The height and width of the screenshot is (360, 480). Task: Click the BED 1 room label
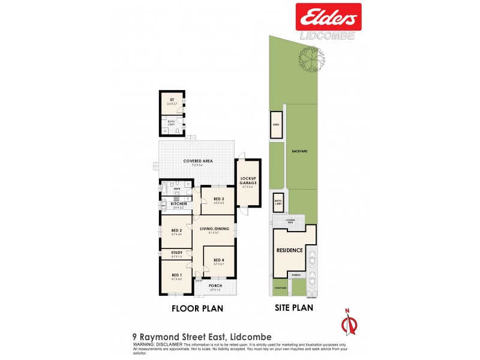point(176,275)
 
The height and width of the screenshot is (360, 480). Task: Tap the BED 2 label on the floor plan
point(176,230)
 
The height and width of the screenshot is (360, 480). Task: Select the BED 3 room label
point(218,199)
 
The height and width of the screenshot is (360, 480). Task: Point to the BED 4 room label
point(218,260)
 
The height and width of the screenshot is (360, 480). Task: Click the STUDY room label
point(176,253)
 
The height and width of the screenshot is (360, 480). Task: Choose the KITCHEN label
point(178,204)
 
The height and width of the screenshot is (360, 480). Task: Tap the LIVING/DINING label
point(214,228)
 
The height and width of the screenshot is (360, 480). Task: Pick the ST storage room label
point(172,100)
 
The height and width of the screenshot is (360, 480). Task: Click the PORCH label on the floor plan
point(215,286)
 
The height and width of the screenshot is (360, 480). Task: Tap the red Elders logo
point(328,17)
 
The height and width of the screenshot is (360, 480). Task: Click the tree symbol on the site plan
point(310,59)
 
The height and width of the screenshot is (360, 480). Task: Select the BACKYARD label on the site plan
point(300,151)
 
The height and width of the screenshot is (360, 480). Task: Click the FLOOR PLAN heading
point(197,308)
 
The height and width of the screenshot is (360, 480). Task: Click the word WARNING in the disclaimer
point(145,345)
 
